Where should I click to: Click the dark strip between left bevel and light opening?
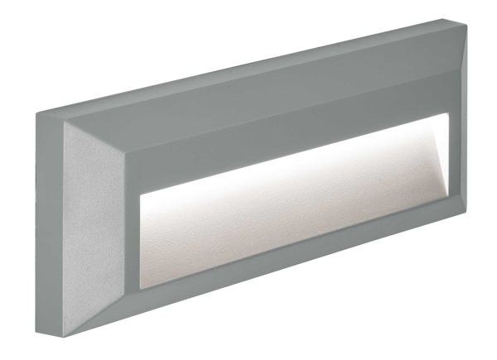point(135,240)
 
